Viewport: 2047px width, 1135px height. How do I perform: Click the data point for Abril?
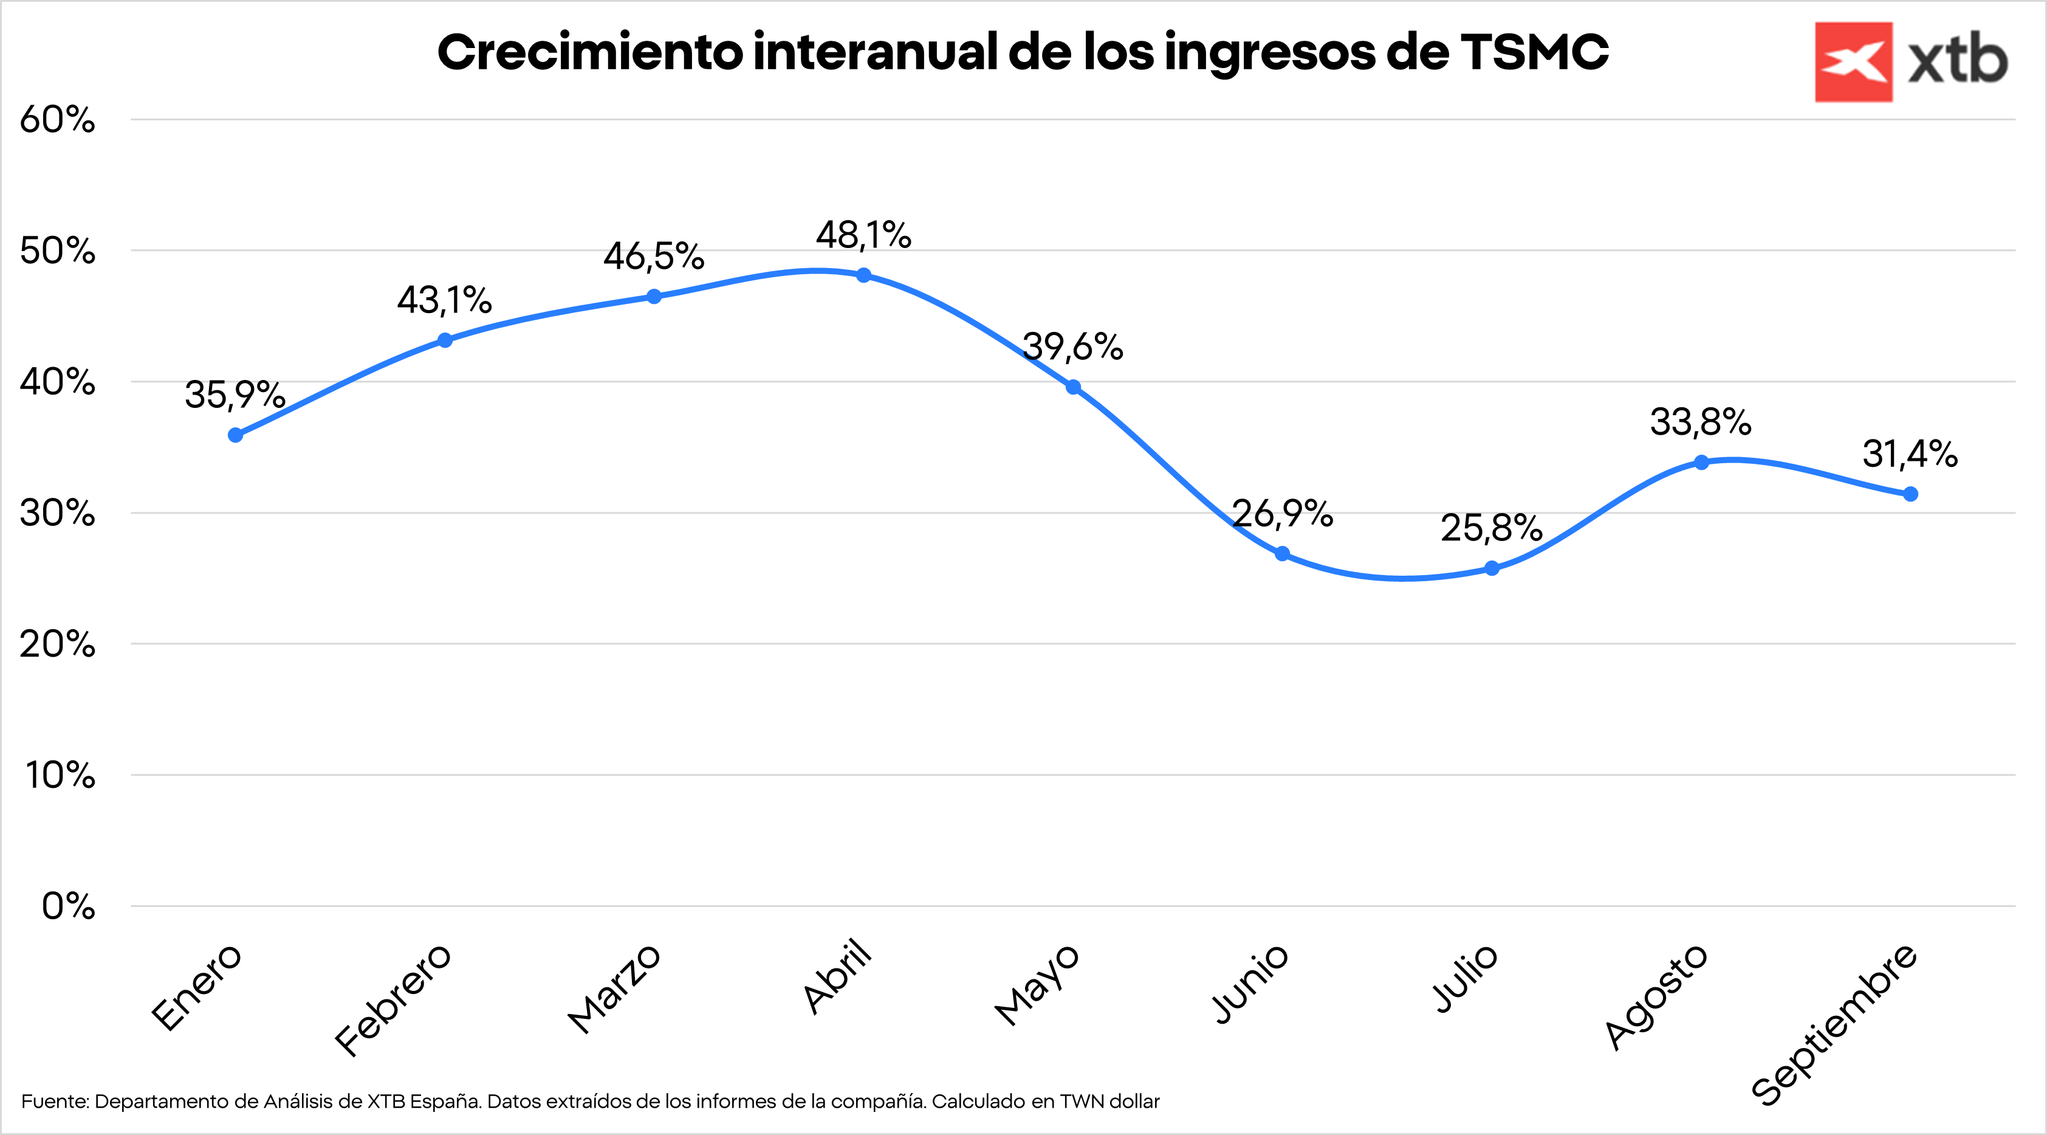click(x=864, y=275)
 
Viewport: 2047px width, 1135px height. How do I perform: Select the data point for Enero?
click(x=235, y=435)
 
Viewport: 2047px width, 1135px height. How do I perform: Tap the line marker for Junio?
click(x=1283, y=553)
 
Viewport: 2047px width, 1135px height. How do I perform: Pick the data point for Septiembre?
click(x=1911, y=494)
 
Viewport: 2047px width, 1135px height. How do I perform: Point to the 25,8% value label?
click(x=1492, y=528)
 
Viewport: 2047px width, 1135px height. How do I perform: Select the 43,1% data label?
click(x=444, y=300)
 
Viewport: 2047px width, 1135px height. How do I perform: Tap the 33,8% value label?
click(x=1701, y=422)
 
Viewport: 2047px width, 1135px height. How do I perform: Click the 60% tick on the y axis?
click(x=57, y=120)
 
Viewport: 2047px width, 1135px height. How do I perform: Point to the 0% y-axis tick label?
click(x=68, y=906)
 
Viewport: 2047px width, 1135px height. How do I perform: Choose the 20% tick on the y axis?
click(x=57, y=644)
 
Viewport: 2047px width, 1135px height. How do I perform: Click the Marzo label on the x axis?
click(x=614, y=990)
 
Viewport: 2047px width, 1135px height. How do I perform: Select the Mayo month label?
click(x=1037, y=985)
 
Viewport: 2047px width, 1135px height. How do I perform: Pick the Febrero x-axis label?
click(x=393, y=1001)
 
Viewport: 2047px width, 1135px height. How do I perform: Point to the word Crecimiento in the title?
click(x=589, y=52)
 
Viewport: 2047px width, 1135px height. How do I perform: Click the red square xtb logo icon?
click(x=1853, y=62)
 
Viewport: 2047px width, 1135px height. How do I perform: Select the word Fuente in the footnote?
click(x=54, y=1102)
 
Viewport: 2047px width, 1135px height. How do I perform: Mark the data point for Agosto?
click(x=1701, y=463)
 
